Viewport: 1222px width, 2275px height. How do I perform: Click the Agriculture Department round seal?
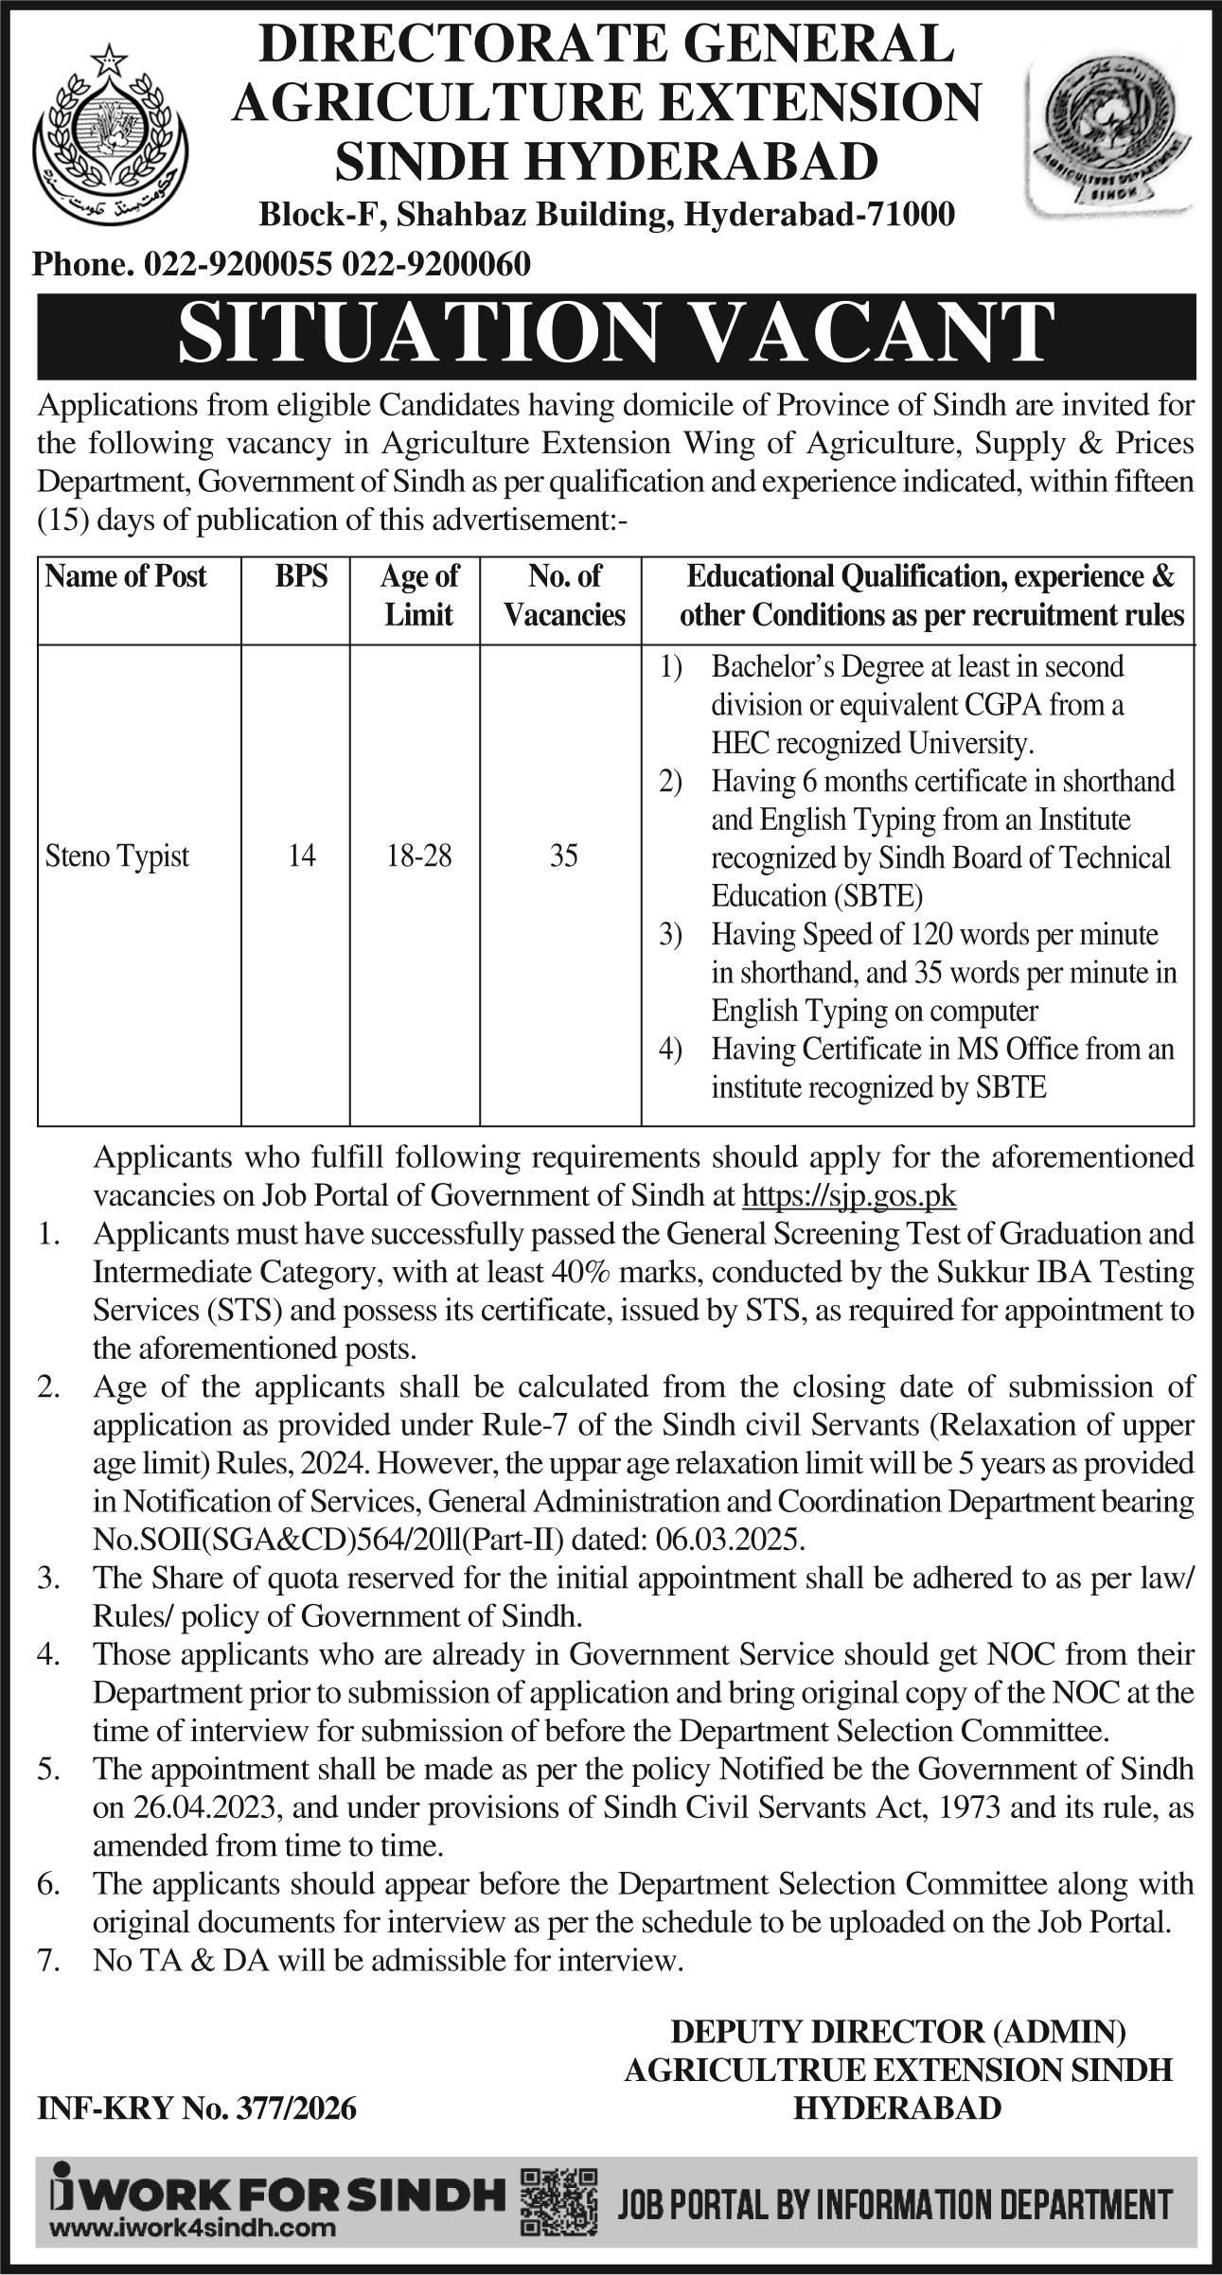coord(1113,135)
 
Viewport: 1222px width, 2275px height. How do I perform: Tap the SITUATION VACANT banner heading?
coord(615,335)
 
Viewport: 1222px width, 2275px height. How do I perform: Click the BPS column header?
coord(302,576)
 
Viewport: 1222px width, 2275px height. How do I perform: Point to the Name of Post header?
coord(126,576)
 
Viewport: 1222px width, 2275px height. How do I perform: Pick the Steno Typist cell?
coord(117,856)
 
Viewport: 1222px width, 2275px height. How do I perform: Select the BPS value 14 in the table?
coord(302,856)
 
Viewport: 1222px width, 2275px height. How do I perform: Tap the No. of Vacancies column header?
coord(564,595)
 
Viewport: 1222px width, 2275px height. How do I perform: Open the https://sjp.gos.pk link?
coord(849,1196)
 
